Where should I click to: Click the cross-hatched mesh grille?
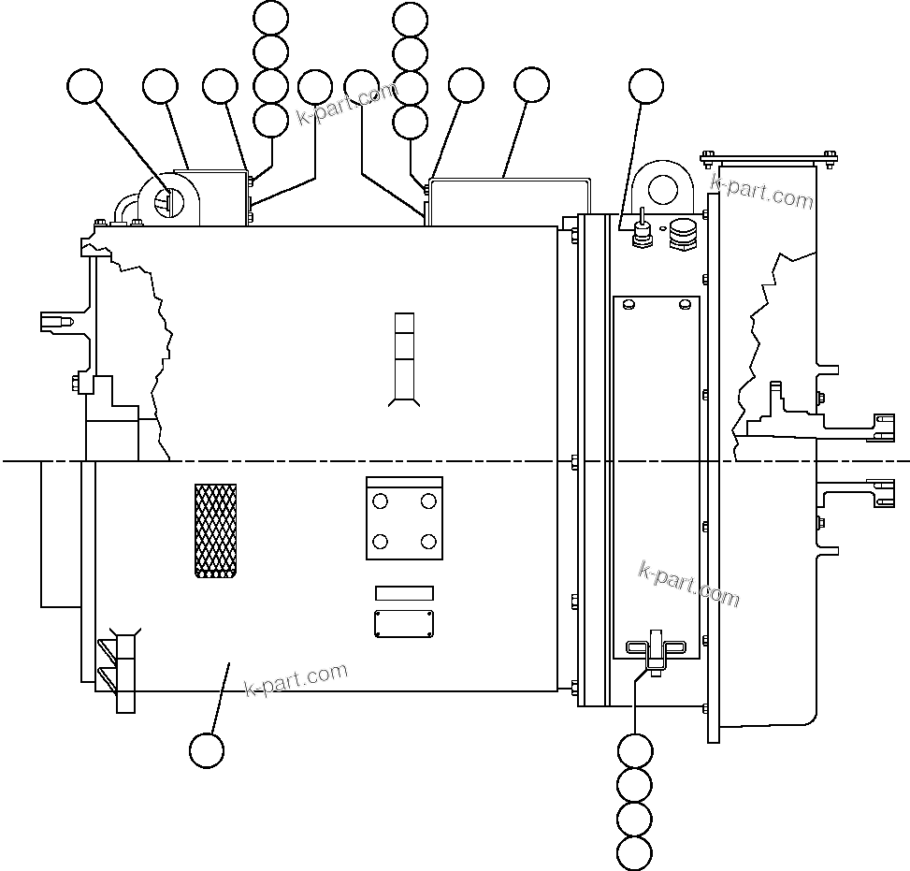tap(215, 530)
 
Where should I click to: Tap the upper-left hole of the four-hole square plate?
tap(380, 502)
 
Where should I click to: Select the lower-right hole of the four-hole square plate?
tap(428, 542)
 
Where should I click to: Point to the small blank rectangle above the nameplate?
tap(404, 593)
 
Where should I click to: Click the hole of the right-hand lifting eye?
tap(665, 186)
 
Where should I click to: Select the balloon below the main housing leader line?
tap(207, 749)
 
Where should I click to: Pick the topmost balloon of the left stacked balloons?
tap(271, 19)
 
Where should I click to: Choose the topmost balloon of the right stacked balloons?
tap(410, 19)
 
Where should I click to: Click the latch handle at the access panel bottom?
tap(655, 648)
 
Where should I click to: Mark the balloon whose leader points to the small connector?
tap(644, 85)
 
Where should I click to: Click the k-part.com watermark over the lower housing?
tap(296, 679)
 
